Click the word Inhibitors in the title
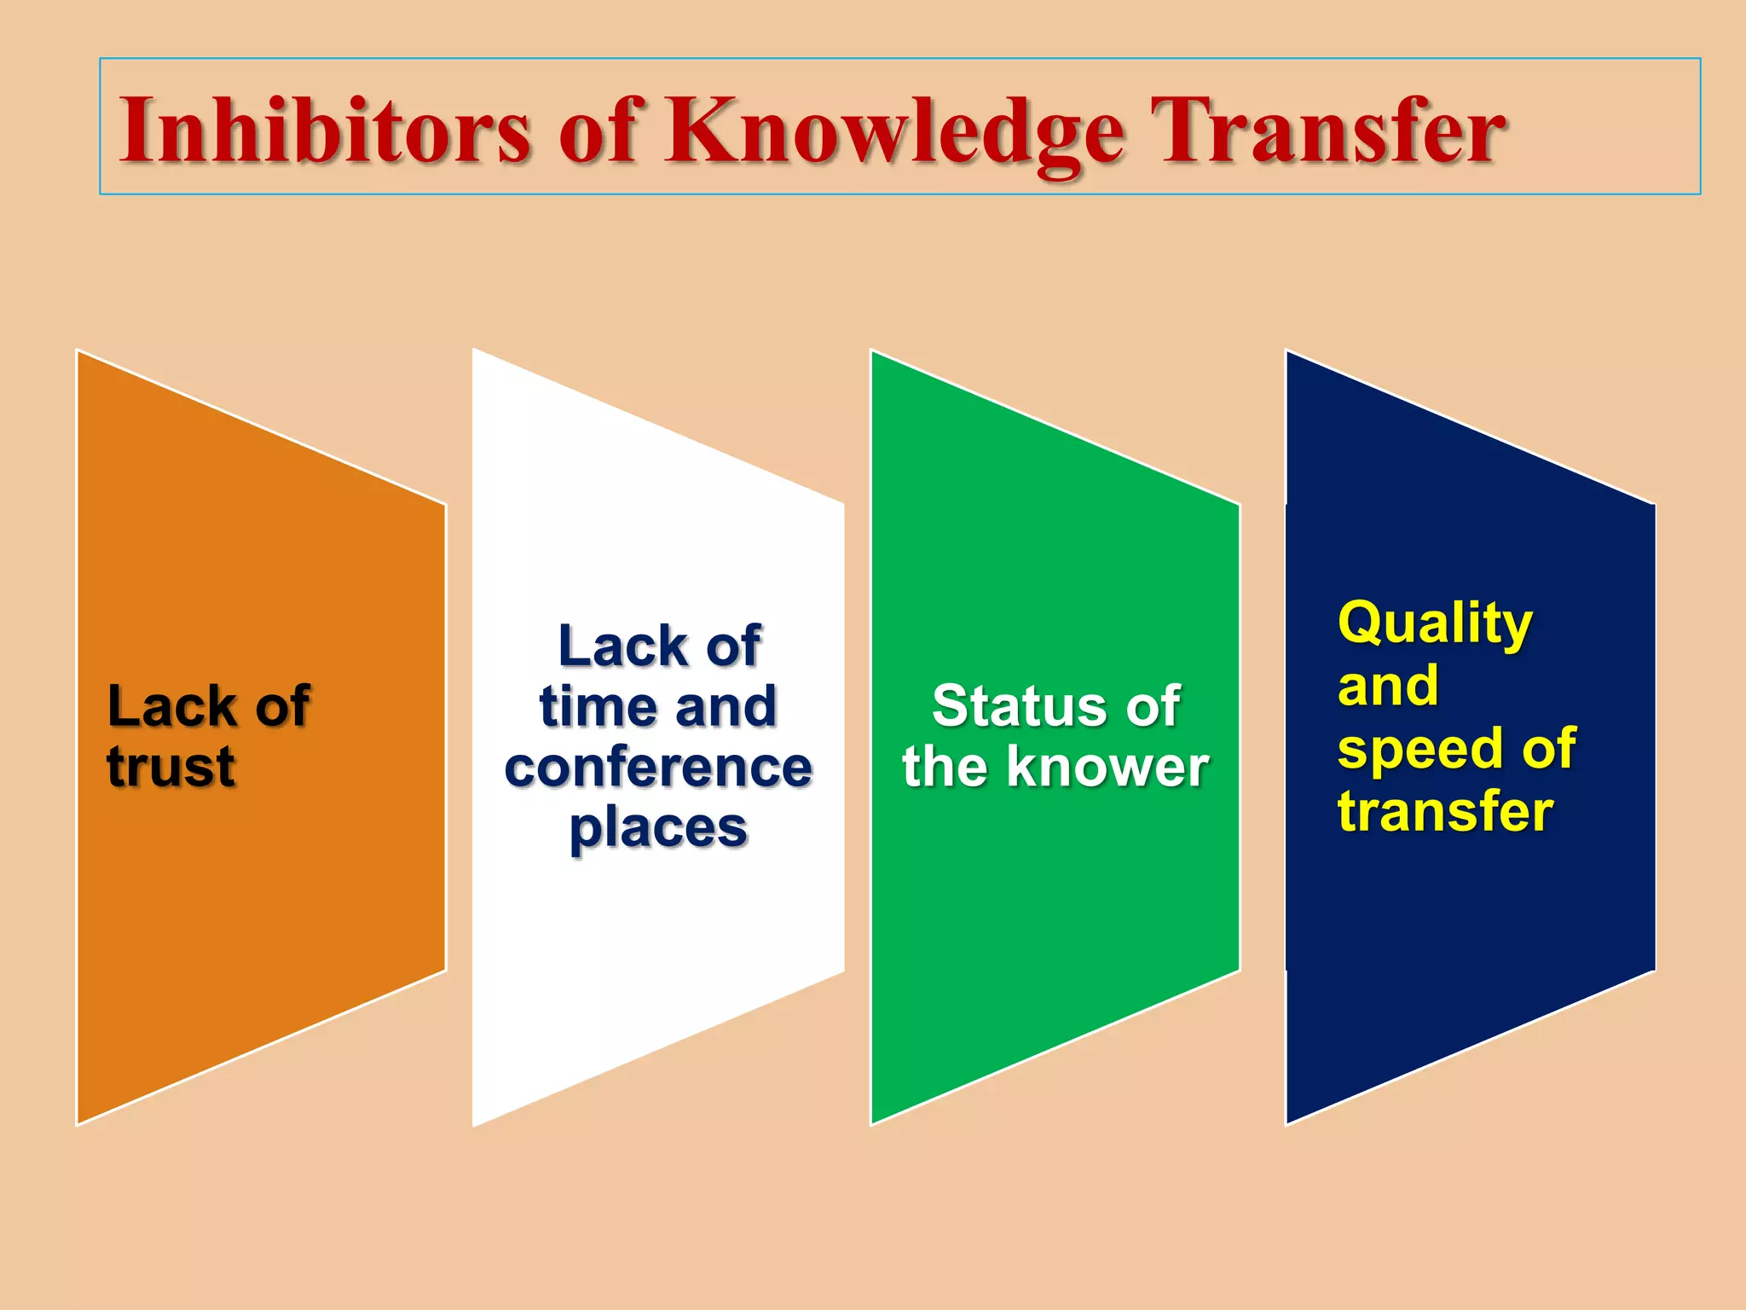coord(325,130)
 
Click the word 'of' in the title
coord(597,130)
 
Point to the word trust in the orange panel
coord(171,766)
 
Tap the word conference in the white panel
coord(658,767)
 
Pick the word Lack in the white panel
coord(622,646)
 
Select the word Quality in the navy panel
coord(1435,624)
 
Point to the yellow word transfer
coord(1445,810)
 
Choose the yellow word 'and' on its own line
coord(1388,687)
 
